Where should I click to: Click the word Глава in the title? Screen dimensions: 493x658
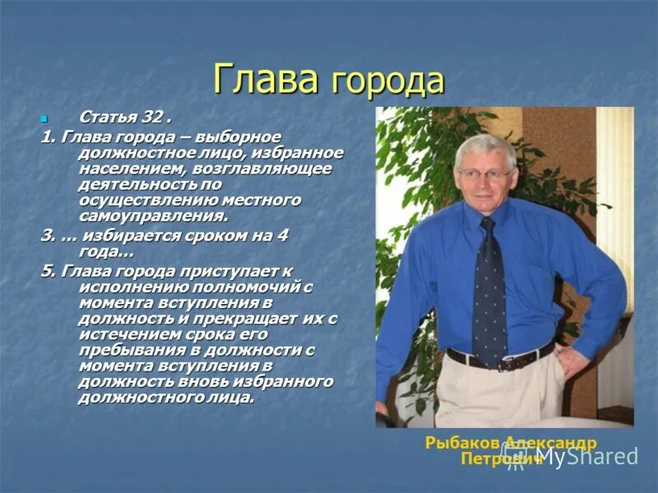point(265,80)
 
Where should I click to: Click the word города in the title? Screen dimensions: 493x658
point(387,83)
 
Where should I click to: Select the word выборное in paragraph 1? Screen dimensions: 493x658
point(245,136)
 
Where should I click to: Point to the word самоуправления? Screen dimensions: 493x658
point(152,215)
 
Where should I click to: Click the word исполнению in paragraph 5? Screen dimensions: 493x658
point(132,287)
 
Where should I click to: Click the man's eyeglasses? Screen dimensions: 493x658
point(484,173)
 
